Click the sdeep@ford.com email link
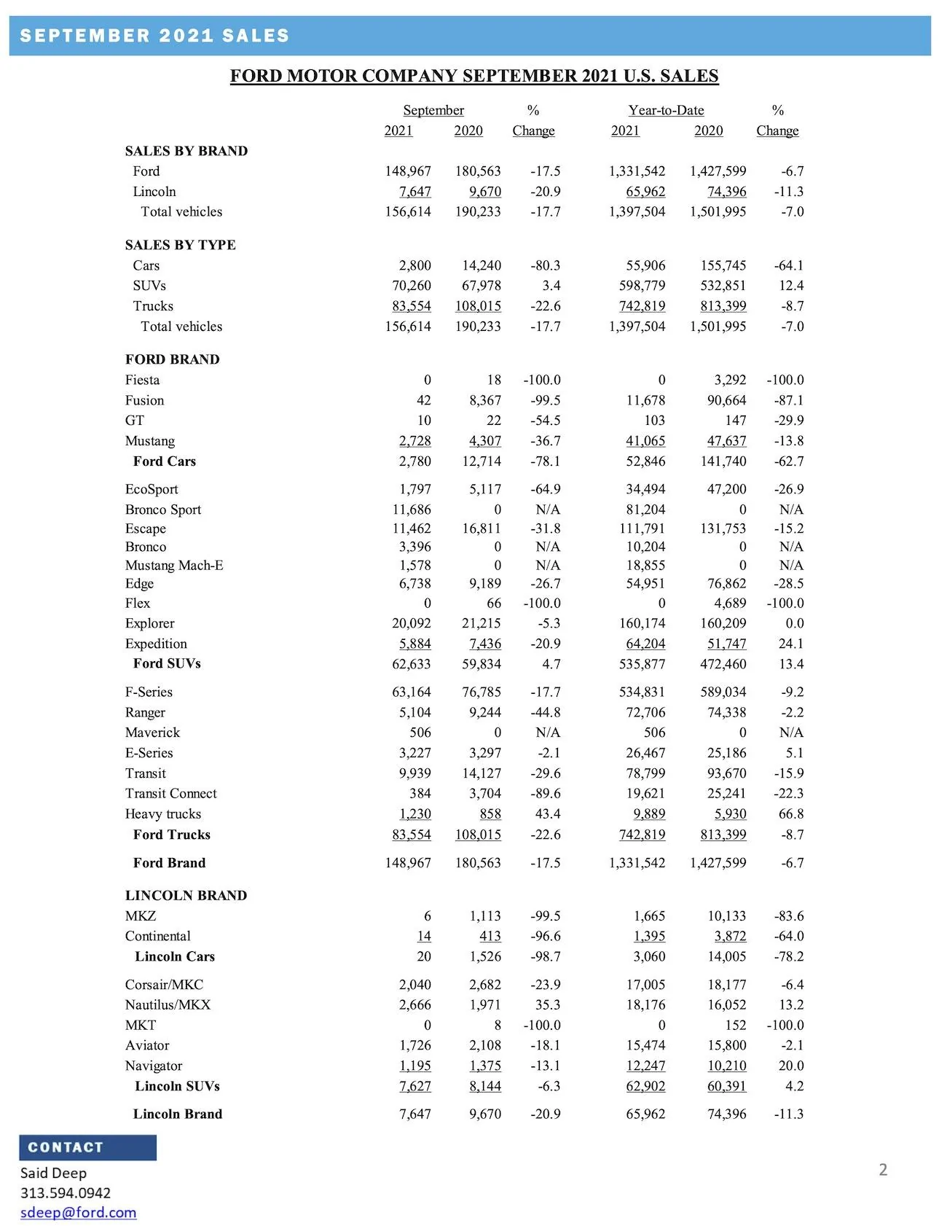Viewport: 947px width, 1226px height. pos(78,1212)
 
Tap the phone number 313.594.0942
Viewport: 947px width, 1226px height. pos(66,1192)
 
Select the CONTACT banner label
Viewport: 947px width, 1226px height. pos(66,1147)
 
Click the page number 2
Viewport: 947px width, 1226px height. pos(883,1170)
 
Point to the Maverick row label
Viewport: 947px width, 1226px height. pos(152,733)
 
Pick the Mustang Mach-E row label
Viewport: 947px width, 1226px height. pos(174,566)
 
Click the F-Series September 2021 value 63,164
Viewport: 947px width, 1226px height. pos(412,692)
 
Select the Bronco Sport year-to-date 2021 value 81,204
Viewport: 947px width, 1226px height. pos(642,509)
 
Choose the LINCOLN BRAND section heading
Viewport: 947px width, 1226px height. pos(186,896)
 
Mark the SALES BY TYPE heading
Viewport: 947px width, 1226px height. pos(180,245)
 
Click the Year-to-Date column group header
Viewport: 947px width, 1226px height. pos(666,111)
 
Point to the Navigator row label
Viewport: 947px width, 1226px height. pos(154,1066)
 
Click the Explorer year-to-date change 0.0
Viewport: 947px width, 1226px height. pos(795,623)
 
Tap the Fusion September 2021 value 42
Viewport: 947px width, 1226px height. pos(423,400)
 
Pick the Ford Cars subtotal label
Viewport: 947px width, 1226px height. pos(165,461)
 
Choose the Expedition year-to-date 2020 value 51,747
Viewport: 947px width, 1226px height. pos(726,644)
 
